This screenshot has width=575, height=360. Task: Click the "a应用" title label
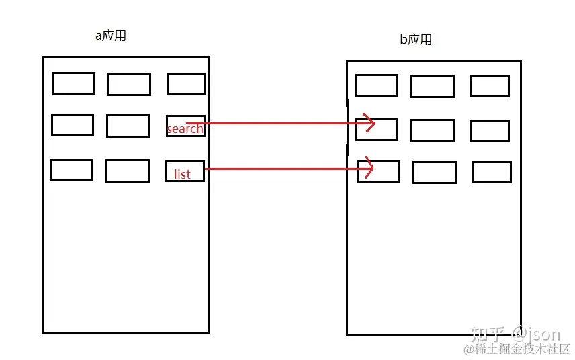tap(111, 36)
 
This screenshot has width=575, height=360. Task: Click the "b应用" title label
tap(416, 40)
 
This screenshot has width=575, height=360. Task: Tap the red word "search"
tap(184, 128)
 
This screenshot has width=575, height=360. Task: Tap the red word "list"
tap(182, 174)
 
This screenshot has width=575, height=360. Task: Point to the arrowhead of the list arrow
tap(369, 169)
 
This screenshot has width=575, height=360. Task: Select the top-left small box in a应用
tap(73, 83)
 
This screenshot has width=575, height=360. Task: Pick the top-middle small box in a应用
tap(129, 85)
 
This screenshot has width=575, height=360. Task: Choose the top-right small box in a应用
tap(186, 84)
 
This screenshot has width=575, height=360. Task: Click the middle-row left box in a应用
tap(73, 125)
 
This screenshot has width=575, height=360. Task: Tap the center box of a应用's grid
tap(128, 126)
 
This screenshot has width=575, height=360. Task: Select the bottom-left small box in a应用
tap(72, 170)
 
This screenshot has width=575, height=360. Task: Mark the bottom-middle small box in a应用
tap(128, 171)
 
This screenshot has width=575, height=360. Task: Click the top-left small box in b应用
tap(377, 85)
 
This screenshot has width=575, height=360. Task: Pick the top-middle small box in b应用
tap(433, 87)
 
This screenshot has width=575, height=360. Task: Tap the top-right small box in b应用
tap(490, 86)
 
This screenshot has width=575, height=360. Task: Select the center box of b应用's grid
tap(433, 130)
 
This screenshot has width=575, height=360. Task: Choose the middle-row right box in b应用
tap(490, 130)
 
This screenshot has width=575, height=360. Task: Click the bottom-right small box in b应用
tap(492, 172)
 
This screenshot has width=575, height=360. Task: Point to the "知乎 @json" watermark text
tap(516, 333)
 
